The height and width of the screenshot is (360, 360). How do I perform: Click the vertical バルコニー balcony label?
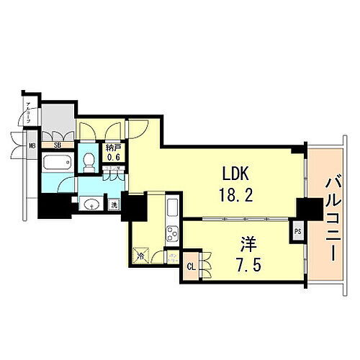[332, 215]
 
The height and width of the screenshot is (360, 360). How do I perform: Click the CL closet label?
[191, 267]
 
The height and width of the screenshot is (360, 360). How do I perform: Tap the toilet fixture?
[88, 161]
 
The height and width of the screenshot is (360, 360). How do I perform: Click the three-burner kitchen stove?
[174, 234]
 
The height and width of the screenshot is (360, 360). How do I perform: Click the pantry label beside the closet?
[173, 256]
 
